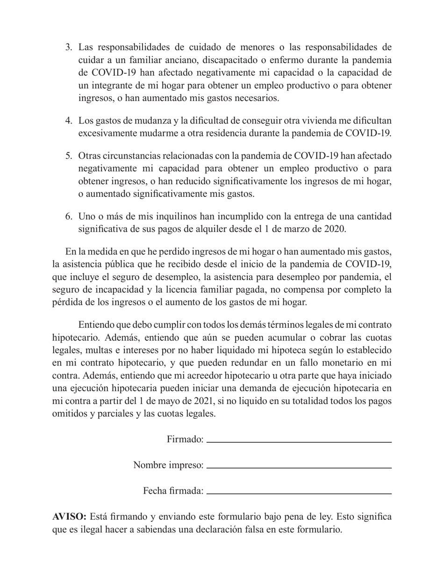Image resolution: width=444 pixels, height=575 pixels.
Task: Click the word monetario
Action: pyautogui.click(x=346, y=363)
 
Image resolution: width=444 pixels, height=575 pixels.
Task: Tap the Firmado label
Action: pyautogui.click(x=185, y=439)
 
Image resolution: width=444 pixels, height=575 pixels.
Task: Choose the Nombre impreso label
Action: pyautogui.click(x=168, y=465)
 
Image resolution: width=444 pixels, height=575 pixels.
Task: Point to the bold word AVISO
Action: pyautogui.click(x=69, y=517)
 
